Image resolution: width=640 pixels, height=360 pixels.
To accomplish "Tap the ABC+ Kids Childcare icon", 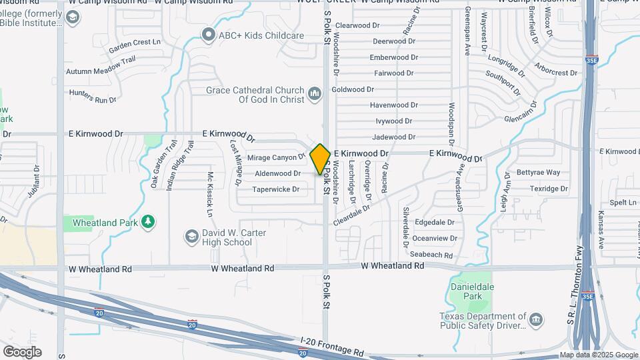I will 209,35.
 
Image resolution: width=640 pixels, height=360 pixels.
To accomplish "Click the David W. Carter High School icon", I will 192,237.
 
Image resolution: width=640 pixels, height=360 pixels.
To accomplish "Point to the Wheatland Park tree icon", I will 147,222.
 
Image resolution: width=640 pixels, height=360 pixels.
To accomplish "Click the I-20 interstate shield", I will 192,325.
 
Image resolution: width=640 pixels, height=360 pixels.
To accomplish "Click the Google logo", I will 22,351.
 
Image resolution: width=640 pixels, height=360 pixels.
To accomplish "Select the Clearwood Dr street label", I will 357,25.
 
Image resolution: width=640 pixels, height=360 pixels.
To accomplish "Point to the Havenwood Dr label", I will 393,105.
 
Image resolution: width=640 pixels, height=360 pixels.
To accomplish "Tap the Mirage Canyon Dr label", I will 276,158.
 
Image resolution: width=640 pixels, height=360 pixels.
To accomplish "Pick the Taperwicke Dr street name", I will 275,189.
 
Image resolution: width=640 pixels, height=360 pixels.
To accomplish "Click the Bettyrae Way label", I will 538,173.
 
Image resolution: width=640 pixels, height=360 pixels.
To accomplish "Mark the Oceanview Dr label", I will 435,238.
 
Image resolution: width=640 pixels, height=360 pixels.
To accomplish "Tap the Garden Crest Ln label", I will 135,44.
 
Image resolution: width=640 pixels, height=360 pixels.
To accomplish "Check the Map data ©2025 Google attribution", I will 598,355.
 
